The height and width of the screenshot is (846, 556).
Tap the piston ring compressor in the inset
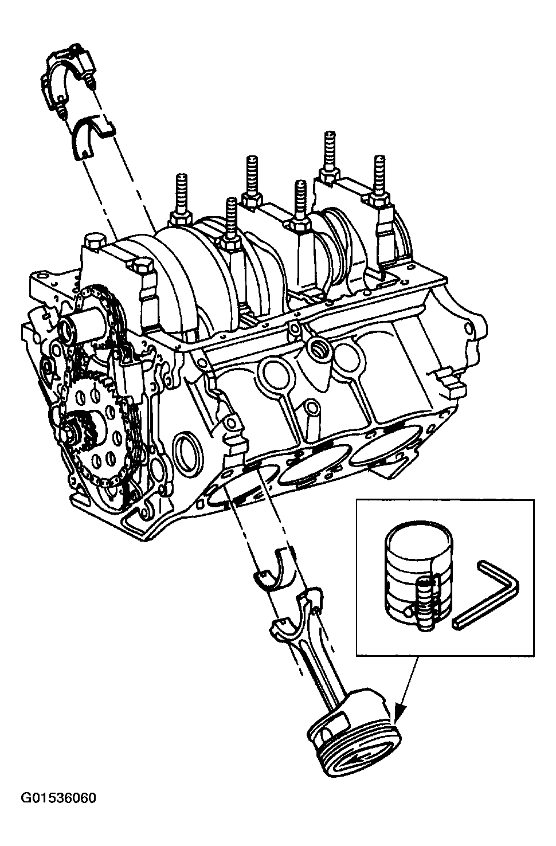[418, 575]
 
